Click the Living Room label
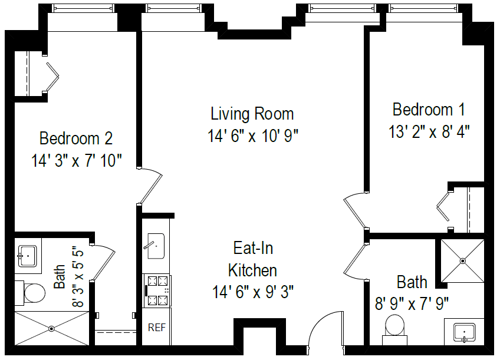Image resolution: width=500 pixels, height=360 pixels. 252,113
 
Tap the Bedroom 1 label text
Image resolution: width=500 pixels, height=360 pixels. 429,110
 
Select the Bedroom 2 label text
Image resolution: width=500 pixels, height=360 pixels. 75,139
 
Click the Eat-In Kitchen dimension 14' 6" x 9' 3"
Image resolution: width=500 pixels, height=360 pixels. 253,291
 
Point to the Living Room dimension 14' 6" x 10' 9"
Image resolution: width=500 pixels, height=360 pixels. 253,136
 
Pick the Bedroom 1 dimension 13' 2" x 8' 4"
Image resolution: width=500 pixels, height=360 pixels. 429,131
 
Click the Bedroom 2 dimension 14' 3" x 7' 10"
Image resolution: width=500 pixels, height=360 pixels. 76,160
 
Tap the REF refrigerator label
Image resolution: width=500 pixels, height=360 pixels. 156,328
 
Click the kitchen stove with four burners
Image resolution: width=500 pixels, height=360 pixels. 157,291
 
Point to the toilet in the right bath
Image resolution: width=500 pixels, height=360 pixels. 395,326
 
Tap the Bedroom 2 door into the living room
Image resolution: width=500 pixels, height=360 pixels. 151,185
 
